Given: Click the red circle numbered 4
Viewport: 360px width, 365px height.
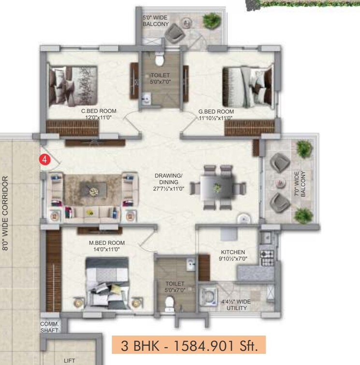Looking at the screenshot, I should tap(44, 159).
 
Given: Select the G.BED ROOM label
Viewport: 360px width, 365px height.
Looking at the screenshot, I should tap(216, 114).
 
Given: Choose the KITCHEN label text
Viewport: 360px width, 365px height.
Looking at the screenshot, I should tap(233, 255).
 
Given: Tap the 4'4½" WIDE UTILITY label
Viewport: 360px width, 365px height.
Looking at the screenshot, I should tap(236, 305).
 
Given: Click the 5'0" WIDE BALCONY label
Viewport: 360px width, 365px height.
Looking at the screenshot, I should tap(155, 21).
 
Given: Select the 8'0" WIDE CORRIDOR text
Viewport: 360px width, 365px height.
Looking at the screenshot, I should tap(5, 213).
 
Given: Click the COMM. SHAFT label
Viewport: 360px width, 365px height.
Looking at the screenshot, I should tap(49, 327).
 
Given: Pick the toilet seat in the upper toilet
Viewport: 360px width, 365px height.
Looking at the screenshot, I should tap(159, 60).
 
